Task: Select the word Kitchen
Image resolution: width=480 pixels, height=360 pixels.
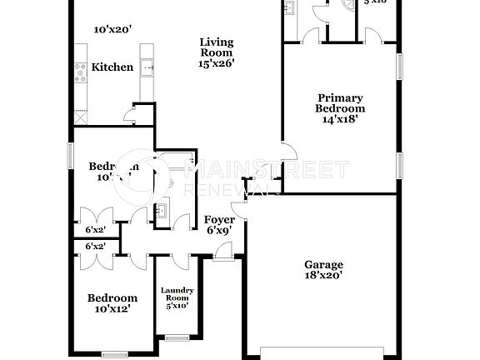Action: click(112, 67)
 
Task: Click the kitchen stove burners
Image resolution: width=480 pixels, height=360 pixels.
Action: click(81, 76)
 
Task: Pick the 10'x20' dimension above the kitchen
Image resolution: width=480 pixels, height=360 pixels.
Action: click(112, 29)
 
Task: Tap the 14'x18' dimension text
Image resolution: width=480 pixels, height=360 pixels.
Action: click(339, 118)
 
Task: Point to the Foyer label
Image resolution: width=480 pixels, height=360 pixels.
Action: click(219, 220)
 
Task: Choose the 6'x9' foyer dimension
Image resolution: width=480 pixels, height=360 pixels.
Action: click(219, 231)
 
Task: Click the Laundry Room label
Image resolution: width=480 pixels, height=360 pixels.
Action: click(177, 293)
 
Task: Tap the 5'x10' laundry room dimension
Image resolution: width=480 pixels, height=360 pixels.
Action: click(177, 305)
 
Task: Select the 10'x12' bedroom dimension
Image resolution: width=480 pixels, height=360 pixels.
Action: click(112, 309)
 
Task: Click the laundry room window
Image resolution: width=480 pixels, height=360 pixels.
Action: click(176, 337)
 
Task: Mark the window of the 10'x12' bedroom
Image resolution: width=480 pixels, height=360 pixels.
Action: click(113, 354)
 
